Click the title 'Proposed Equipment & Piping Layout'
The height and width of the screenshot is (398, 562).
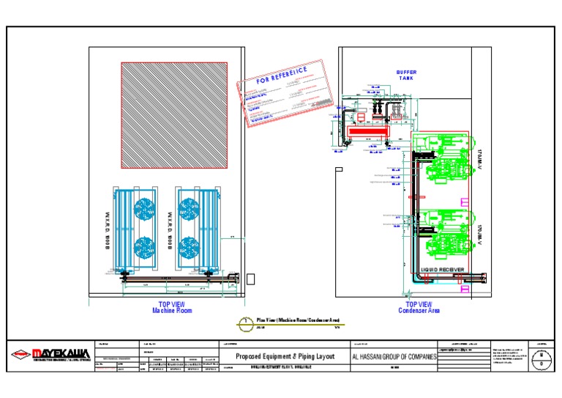click(285, 356)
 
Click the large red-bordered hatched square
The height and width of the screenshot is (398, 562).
click(174, 115)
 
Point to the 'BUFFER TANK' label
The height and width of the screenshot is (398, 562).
click(406, 75)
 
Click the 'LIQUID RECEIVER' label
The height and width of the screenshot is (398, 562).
click(442, 270)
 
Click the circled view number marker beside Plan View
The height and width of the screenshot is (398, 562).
click(246, 322)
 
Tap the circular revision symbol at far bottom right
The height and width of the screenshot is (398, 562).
click(541, 357)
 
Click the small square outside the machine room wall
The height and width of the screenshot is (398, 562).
click(252, 279)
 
